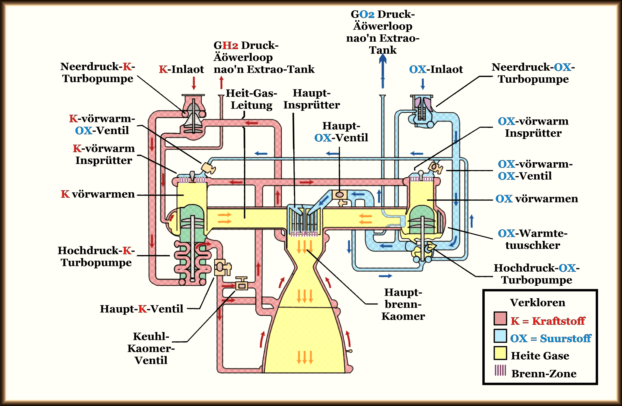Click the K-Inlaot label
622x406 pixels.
[181, 69]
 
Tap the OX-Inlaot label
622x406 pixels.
[436, 69]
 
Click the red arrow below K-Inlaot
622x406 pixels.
[194, 83]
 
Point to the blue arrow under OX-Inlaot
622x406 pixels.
[423, 84]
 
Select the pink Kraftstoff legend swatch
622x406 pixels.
[500, 318]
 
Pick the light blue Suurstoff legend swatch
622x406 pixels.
[500, 336]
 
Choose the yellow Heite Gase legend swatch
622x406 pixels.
[500, 353]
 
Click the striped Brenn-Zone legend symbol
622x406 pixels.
[500, 370]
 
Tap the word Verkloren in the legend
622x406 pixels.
[537, 303]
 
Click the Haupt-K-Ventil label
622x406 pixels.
[142, 309]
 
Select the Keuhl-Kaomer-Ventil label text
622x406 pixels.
[151, 348]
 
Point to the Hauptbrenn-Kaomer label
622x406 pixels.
[403, 304]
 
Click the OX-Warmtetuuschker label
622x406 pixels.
[533, 239]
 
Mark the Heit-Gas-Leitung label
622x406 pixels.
[251, 99]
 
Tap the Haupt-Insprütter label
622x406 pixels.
[312, 99]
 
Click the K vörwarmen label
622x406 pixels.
[98, 194]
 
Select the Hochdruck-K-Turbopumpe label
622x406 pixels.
[96, 256]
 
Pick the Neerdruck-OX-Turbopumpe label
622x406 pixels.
[533, 73]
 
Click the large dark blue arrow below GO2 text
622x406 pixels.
[383, 70]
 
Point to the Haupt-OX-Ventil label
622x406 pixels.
[341, 132]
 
